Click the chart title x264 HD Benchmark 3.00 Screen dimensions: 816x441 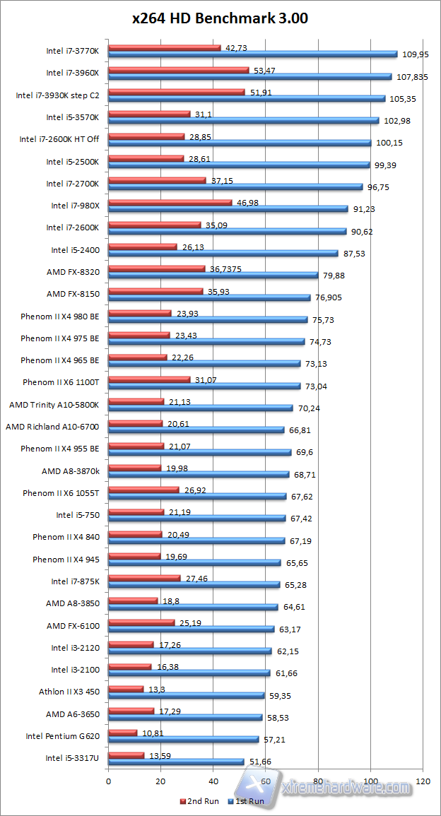(220, 19)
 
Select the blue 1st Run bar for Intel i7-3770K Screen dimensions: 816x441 (252, 54)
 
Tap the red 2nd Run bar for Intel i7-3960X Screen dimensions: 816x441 (178, 70)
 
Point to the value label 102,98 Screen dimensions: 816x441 (396, 121)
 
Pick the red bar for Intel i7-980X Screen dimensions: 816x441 (170, 202)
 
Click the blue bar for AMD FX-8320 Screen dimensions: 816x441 (213, 276)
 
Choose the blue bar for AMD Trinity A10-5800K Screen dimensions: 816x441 (200, 408)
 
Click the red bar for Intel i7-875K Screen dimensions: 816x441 (144, 578)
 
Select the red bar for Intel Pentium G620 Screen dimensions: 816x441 (122, 733)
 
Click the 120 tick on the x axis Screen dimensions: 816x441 (423, 781)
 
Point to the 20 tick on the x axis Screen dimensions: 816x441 (160, 781)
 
